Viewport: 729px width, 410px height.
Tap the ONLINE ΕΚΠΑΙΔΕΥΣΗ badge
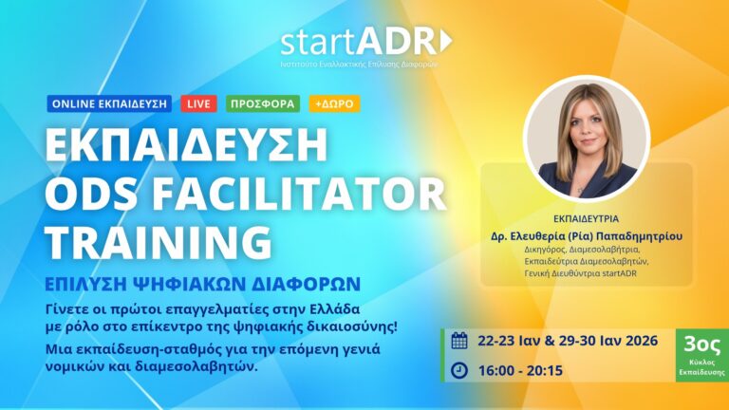(108, 103)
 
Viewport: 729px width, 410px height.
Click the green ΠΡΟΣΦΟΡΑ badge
(264, 103)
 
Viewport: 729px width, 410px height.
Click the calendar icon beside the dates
(459, 341)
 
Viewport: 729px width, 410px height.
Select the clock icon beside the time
(459, 369)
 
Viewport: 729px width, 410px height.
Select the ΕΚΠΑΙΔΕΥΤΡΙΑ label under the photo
(586, 216)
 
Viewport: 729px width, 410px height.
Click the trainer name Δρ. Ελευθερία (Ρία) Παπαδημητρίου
(586, 235)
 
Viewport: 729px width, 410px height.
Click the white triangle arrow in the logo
(447, 42)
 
